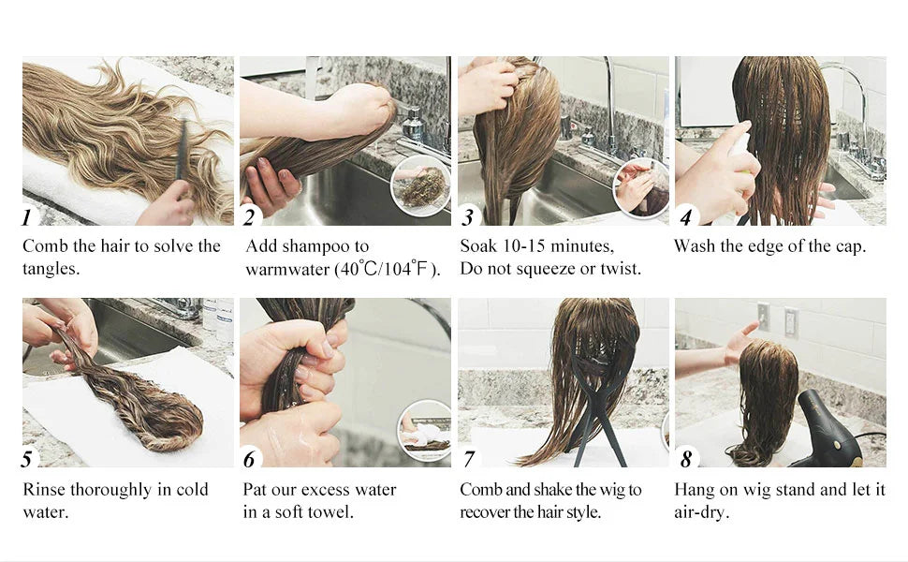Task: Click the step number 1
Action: point(27,217)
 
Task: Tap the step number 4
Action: point(686,217)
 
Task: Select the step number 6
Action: point(249,460)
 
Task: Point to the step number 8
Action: point(686,460)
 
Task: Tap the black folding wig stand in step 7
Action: point(597,400)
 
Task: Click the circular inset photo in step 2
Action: point(421,185)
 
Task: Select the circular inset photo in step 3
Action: point(640,188)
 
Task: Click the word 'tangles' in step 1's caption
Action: point(49,270)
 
